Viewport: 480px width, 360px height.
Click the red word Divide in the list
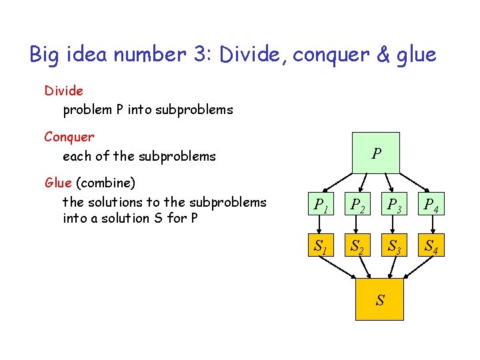click(x=63, y=90)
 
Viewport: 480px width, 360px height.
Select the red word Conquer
click(x=69, y=137)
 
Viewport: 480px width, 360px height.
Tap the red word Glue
click(x=58, y=183)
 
